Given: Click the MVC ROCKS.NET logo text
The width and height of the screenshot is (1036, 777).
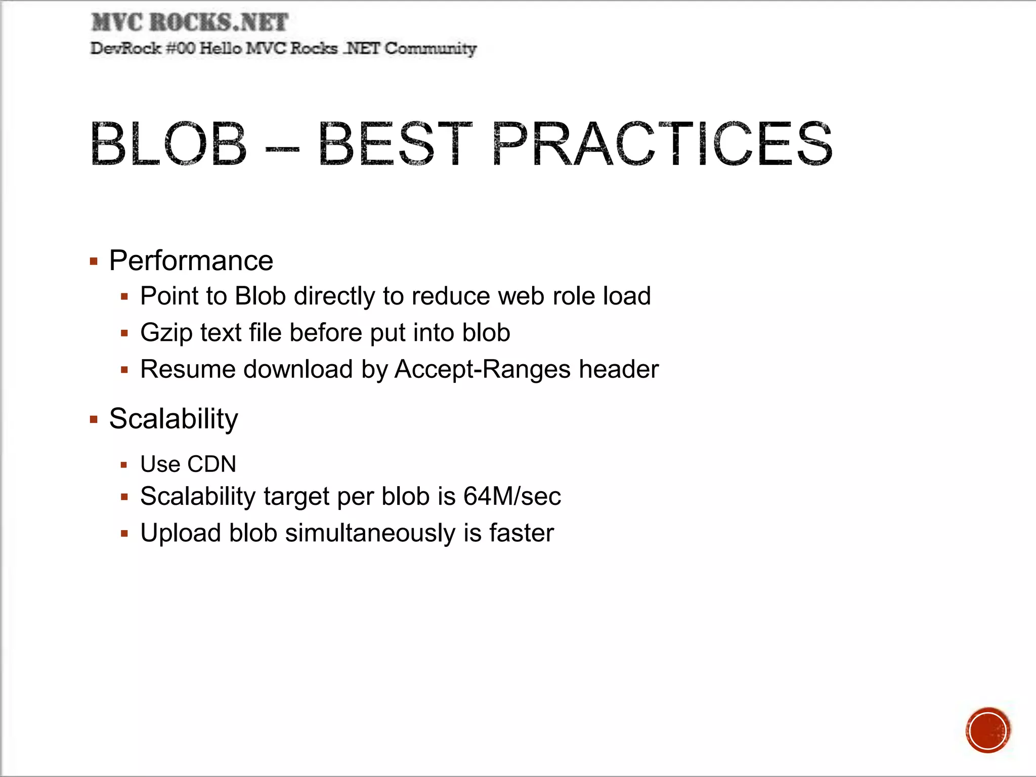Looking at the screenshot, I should click(190, 23).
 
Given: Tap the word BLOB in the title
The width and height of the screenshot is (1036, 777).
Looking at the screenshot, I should click(168, 144).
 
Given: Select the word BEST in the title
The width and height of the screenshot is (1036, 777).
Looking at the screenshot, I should click(395, 144).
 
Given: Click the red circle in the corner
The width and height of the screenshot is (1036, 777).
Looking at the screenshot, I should click(987, 730).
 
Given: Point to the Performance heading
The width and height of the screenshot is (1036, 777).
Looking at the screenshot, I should click(191, 261).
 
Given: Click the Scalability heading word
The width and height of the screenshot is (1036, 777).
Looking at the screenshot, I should click(174, 419).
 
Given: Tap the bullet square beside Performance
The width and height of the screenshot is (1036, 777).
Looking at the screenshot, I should click(94, 262).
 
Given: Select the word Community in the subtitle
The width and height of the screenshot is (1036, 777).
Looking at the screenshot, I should click(430, 49).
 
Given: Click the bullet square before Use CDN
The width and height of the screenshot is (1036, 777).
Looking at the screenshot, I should click(124, 465).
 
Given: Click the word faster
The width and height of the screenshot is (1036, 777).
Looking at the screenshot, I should click(522, 533).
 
